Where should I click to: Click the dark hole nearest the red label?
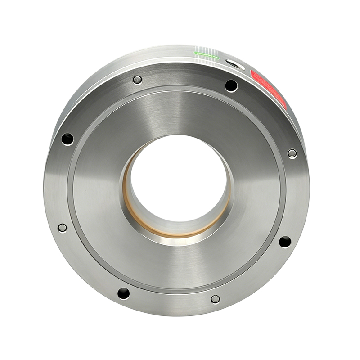pos(231,85)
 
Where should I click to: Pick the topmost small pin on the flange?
pos(137,80)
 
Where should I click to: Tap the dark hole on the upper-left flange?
pos(67,139)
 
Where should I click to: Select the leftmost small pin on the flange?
pos(62,228)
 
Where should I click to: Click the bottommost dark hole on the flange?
pos(124,293)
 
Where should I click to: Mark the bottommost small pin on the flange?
pos(215,299)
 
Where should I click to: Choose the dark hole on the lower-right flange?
pos(285,242)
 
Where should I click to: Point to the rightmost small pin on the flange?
pos(292,153)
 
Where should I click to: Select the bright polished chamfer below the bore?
pos(180,240)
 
